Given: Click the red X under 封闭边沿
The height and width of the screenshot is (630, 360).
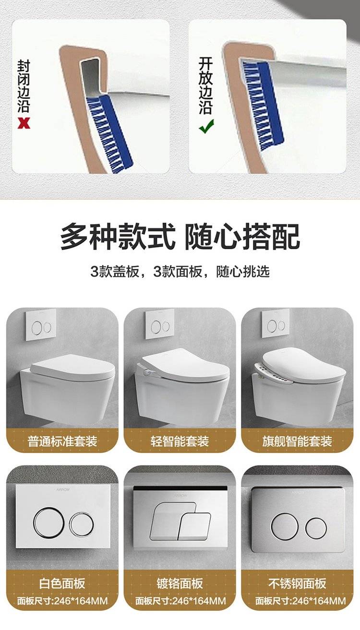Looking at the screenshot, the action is (x=24, y=123).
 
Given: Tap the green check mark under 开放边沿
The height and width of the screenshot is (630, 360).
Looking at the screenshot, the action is (x=206, y=126).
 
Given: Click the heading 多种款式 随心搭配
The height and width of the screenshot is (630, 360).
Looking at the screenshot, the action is (x=180, y=236).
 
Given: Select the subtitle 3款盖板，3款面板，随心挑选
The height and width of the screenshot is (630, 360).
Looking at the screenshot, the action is (x=180, y=272).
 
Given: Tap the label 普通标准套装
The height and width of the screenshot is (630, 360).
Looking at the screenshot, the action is (x=62, y=441).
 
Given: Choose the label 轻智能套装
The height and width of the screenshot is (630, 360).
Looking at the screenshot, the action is (x=180, y=441).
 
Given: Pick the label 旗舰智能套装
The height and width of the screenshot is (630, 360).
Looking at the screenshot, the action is (x=297, y=441).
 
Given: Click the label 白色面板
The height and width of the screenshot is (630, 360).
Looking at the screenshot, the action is (x=62, y=583).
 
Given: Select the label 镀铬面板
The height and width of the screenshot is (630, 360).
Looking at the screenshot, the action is (x=180, y=583).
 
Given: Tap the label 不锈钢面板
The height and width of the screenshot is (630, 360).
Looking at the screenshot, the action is (x=297, y=583).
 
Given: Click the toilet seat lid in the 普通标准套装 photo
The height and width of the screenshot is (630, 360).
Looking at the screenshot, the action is (x=72, y=367).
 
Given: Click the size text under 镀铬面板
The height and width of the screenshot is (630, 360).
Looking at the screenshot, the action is (x=180, y=601).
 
